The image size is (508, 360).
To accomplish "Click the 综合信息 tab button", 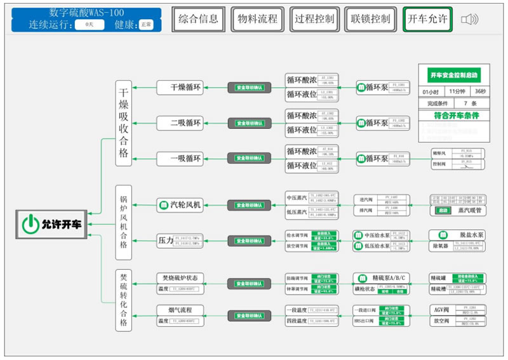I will click(x=198, y=19).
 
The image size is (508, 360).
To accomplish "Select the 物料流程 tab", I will click(x=257, y=19).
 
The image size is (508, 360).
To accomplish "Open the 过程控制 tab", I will click(x=314, y=19).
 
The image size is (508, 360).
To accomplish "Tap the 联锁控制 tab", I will click(x=370, y=19).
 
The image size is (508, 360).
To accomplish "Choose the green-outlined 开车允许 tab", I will click(x=427, y=19).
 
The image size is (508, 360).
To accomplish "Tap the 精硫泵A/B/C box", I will click(x=379, y=277).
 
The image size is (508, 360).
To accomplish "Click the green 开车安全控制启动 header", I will click(x=453, y=75).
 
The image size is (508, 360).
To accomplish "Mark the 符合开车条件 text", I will click(x=453, y=116).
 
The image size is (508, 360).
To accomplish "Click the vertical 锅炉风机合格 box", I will click(x=123, y=222).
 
